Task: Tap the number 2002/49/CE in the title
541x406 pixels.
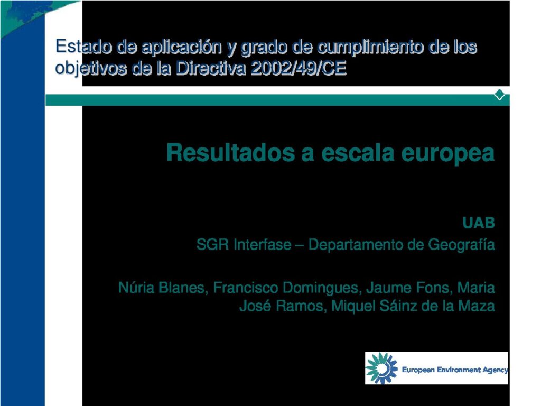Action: [299, 68]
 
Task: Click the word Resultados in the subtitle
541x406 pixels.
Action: [230, 152]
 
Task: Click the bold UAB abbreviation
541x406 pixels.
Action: [479, 223]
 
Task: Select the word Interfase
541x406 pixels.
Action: [262, 244]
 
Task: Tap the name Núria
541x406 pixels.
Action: [136, 288]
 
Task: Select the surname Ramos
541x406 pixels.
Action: [301, 306]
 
